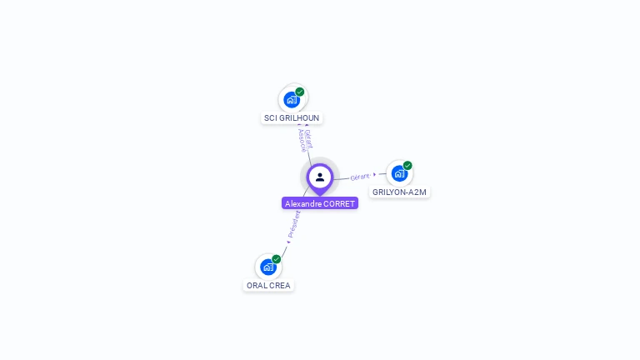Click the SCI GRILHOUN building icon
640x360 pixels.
[x=292, y=99]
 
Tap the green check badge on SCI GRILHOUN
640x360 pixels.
[x=300, y=92]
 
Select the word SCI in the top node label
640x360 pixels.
[x=270, y=118]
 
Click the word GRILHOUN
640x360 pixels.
[x=299, y=118]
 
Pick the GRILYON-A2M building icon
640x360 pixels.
[x=399, y=173]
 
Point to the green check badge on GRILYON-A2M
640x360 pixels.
[x=407, y=165]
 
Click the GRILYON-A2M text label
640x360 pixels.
[x=399, y=192]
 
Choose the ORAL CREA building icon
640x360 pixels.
[x=268, y=267]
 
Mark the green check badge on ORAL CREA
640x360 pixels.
[x=277, y=258]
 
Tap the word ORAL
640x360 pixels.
[x=257, y=286]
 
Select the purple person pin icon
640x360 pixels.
[x=320, y=177]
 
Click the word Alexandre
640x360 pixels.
[x=303, y=203]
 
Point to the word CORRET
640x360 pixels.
[x=339, y=203]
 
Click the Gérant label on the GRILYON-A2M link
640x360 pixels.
[x=360, y=177]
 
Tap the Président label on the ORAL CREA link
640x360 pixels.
[x=294, y=224]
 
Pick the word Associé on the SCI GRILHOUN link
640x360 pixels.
[x=302, y=142]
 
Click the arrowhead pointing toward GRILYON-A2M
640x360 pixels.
[x=375, y=174]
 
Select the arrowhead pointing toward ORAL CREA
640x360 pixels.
[x=288, y=242]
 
